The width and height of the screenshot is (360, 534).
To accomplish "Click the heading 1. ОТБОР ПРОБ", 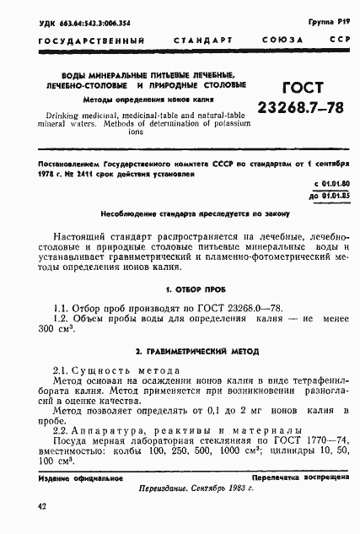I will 182,289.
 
